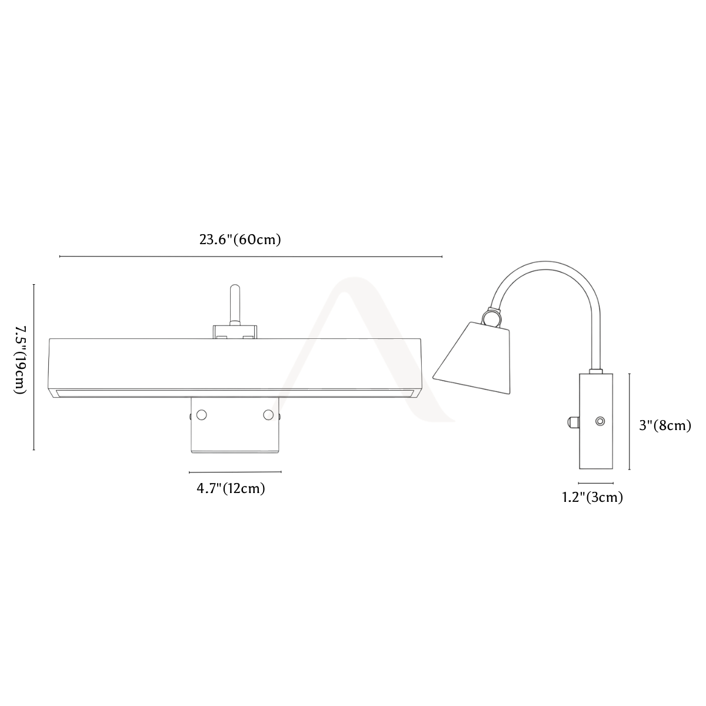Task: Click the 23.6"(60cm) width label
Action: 240,239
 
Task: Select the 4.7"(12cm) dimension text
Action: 231,488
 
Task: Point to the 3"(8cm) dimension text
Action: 665,425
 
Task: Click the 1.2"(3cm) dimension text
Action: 592,497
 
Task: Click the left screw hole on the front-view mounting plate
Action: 202,415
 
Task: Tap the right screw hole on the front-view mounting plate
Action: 268,415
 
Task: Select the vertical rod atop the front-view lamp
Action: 235,305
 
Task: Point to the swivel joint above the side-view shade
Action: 491,317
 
